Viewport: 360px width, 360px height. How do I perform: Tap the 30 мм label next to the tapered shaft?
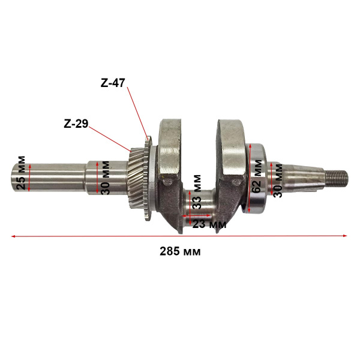point(278,178)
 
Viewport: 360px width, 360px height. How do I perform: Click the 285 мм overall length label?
point(179,251)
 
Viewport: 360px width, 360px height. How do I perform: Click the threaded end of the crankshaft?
point(338,177)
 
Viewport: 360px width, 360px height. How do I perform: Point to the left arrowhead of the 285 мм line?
point(14,236)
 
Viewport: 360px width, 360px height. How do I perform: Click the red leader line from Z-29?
point(108,137)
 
